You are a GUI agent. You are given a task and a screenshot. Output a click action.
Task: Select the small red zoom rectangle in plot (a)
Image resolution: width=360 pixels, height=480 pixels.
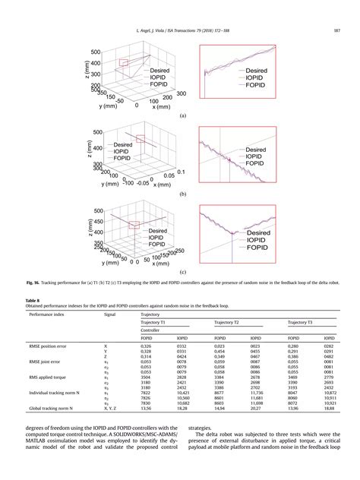tap(124, 62)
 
